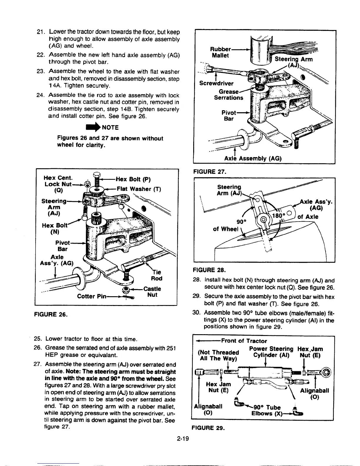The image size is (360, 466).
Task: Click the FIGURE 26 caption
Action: point(50,315)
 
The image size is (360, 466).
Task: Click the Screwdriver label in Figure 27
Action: point(216,83)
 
